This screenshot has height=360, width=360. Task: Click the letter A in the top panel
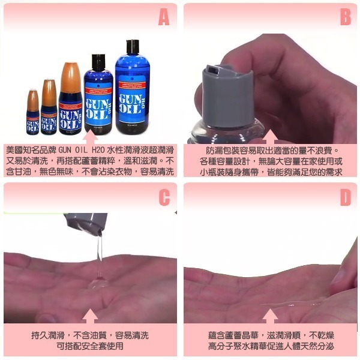(163, 19)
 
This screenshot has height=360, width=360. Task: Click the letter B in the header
(345, 19)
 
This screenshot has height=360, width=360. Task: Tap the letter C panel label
(163, 198)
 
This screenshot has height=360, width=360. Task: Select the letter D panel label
(345, 198)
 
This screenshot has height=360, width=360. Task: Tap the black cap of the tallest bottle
(131, 46)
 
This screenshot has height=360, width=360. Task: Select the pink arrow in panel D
(271, 316)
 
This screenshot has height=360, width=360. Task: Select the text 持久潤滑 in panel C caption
(50, 335)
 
